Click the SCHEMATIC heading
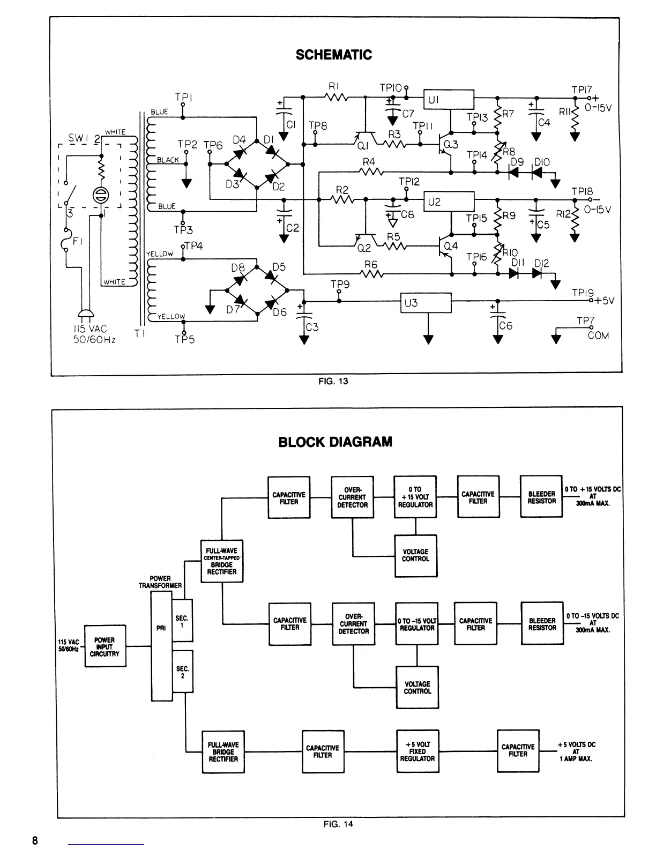click(x=333, y=55)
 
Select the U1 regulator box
click(x=449, y=99)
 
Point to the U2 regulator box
click(x=449, y=202)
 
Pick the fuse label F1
click(x=77, y=241)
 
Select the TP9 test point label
click(x=340, y=285)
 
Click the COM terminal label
click(x=598, y=336)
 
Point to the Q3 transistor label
click(x=451, y=144)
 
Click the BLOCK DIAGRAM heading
click(x=335, y=442)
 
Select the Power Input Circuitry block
click(x=105, y=646)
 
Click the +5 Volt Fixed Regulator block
click(x=417, y=751)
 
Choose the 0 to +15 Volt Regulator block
click(x=415, y=497)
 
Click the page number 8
click(x=35, y=840)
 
